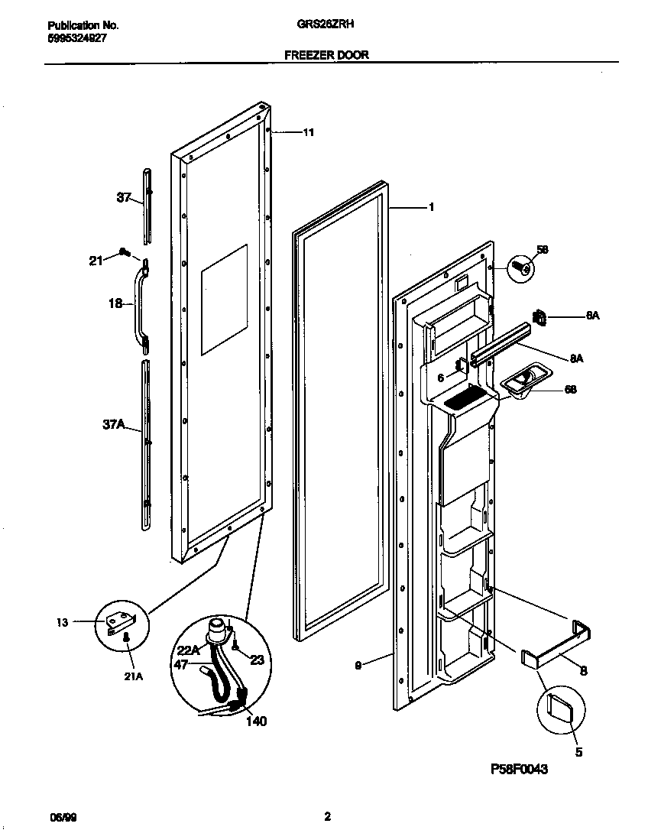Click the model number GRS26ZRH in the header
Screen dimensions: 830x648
pyautogui.click(x=325, y=24)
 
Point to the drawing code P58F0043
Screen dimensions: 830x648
pyautogui.click(x=519, y=770)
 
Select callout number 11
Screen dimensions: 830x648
pyautogui.click(x=308, y=132)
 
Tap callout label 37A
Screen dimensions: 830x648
pyautogui.click(x=113, y=425)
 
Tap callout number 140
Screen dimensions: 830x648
pyautogui.click(x=256, y=720)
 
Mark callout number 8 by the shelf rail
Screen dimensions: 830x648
pyautogui.click(x=583, y=670)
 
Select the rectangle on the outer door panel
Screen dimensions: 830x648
pyautogui.click(x=224, y=300)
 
